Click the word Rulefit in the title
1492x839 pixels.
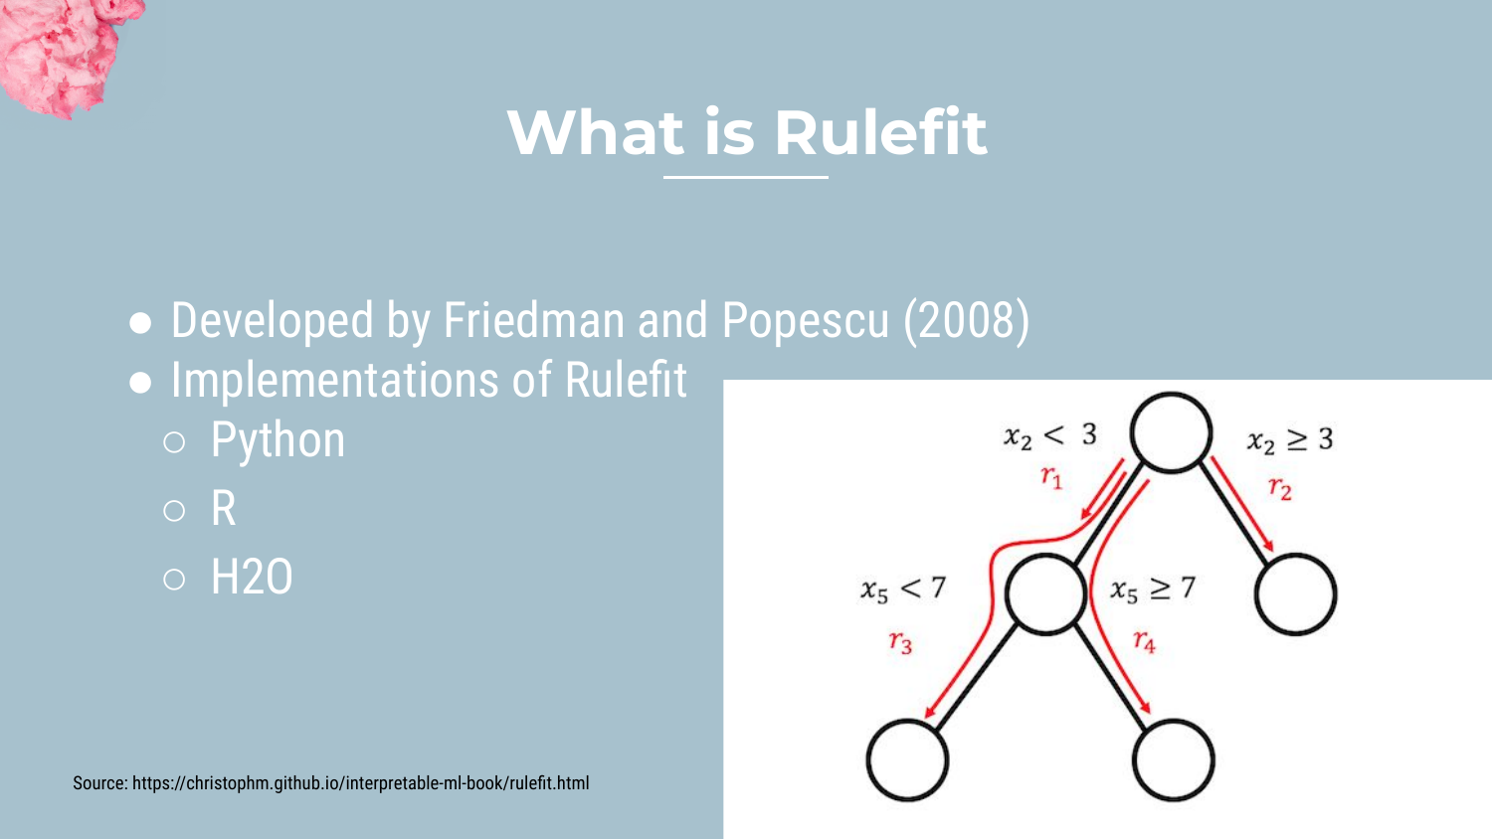pos(880,132)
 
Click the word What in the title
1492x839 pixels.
pos(596,132)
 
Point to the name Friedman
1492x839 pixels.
pos(533,320)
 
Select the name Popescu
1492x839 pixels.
pos(806,322)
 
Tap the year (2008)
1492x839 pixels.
pos(967,322)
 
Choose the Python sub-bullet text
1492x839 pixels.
pos(278,440)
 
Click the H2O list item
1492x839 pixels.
pos(252,577)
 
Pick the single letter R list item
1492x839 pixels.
pos(223,509)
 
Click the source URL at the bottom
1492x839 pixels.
pos(360,783)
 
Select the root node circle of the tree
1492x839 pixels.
pos(1171,432)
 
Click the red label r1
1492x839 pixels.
pos(1051,477)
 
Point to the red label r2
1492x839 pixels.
pos(1280,488)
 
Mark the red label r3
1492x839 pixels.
pos(900,642)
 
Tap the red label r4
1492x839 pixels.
pos(1144,640)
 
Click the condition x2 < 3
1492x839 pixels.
pos(1050,435)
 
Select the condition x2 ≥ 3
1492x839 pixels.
pos(1290,439)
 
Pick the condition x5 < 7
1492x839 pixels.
pos(903,588)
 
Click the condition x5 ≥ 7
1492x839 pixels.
pos(1153,589)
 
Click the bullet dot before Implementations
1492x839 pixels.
pos(140,382)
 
